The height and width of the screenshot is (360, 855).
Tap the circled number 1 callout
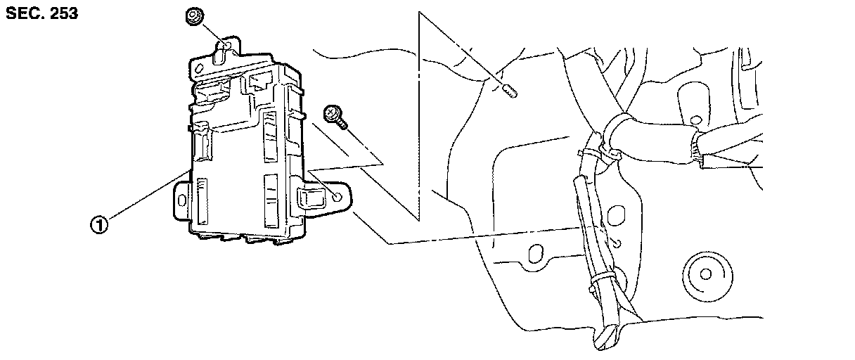click(x=99, y=225)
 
